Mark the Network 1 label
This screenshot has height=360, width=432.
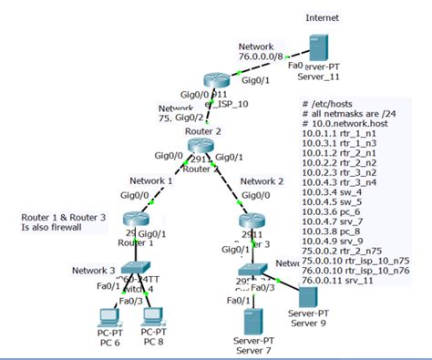(x=149, y=180)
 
